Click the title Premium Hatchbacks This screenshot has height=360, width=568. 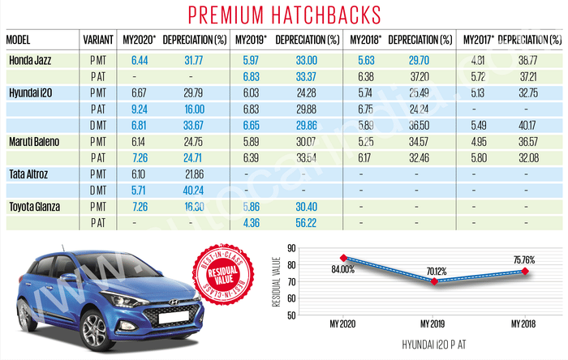(283, 15)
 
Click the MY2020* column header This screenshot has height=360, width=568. (137, 40)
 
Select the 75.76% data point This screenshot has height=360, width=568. (525, 271)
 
